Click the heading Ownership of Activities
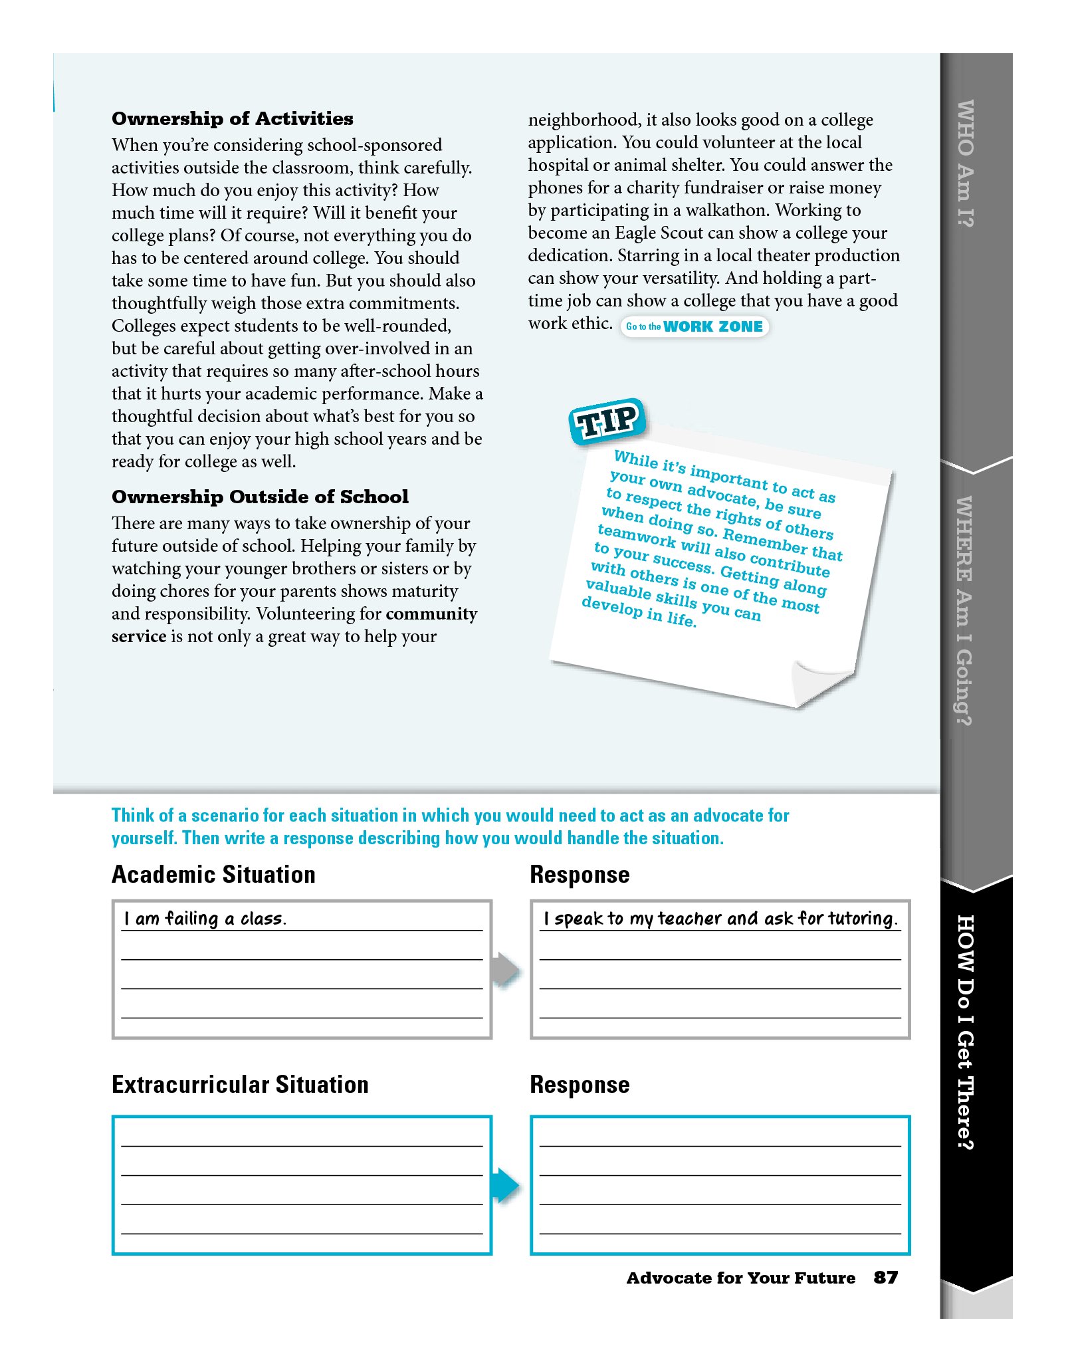tap(232, 118)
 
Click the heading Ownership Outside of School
tap(260, 497)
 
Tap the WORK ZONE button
tap(695, 326)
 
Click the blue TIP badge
tap(607, 421)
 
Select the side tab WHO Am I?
tap(965, 164)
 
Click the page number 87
tap(885, 1277)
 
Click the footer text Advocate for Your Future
tap(740, 1278)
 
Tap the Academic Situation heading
tap(213, 874)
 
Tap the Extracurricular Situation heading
tap(239, 1084)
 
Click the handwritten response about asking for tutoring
tap(720, 919)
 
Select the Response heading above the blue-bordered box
tap(579, 1084)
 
